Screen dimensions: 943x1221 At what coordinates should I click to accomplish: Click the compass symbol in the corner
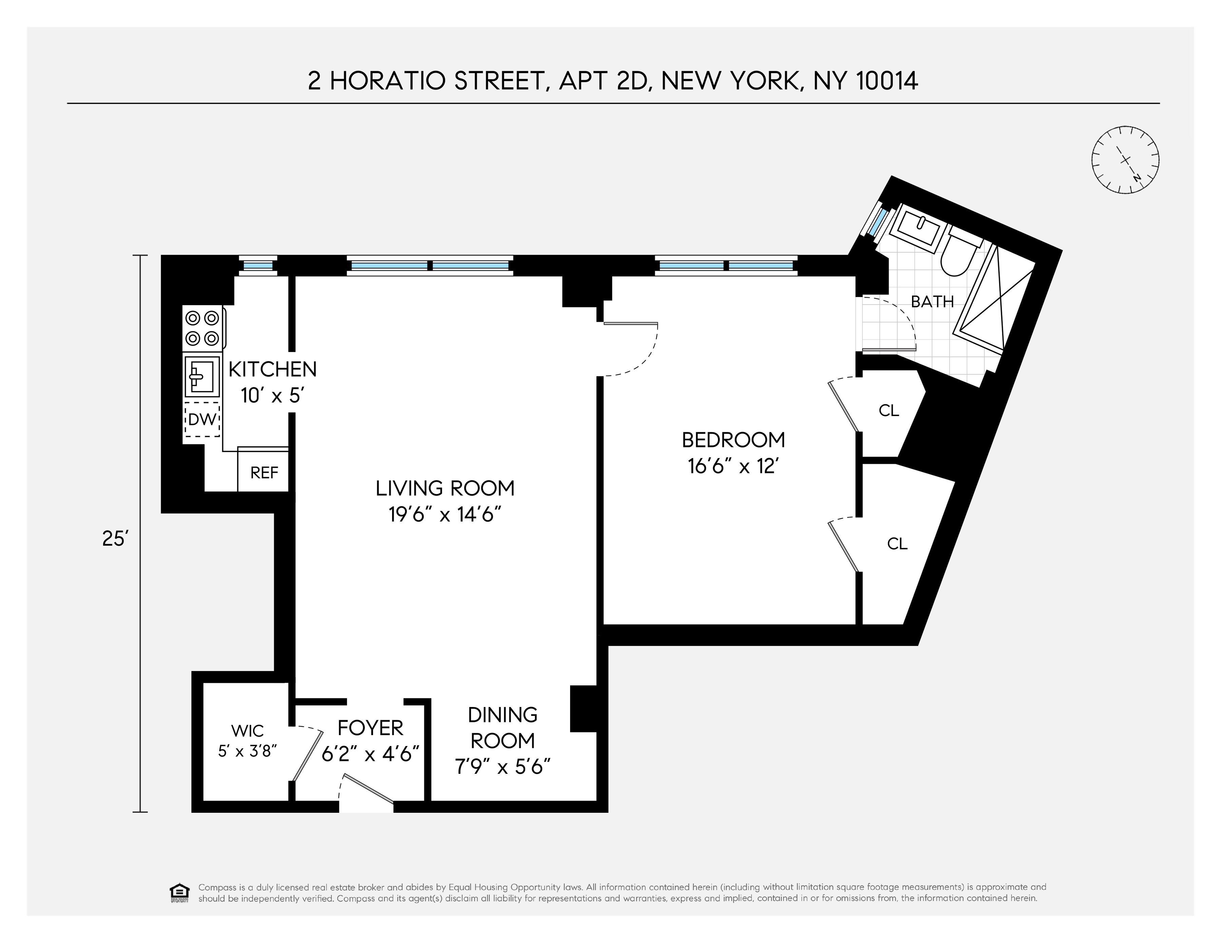point(1125,160)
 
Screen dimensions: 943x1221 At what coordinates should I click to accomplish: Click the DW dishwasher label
point(202,419)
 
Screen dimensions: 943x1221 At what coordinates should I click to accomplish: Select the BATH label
point(932,302)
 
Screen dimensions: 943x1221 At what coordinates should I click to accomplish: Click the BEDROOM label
point(733,440)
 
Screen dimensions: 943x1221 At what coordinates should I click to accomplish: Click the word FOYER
point(370,728)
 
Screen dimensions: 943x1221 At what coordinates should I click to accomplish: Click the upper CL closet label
point(888,410)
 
